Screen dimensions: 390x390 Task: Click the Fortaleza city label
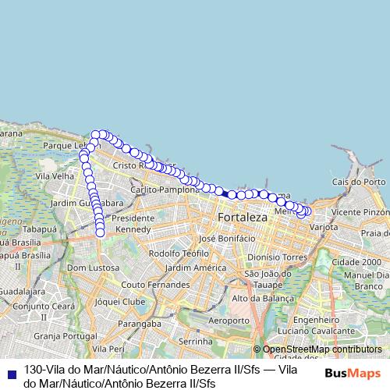(242, 217)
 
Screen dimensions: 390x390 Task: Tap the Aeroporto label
(229, 321)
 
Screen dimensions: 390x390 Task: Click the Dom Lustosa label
(94, 268)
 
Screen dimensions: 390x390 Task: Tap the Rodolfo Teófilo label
(175, 253)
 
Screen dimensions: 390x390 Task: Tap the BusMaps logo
(353, 374)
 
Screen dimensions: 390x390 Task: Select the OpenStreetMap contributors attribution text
(321, 349)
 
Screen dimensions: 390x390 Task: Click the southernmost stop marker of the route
(100, 232)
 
